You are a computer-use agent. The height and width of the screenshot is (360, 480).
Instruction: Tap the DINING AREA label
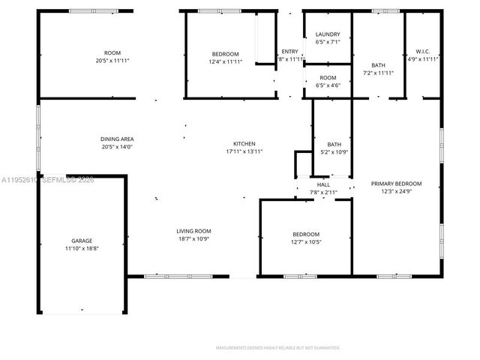[117, 139]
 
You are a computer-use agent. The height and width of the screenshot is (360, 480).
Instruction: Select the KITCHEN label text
[244, 143]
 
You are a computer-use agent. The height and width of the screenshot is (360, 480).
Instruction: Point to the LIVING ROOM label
[193, 231]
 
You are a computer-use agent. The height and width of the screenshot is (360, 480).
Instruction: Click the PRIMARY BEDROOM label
[396, 184]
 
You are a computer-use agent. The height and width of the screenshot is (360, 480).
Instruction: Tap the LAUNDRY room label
[328, 34]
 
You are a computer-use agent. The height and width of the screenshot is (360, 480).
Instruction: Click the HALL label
[323, 184]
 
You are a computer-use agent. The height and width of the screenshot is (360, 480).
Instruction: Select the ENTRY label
[289, 51]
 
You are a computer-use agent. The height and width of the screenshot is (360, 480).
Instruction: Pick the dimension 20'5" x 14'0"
[117, 147]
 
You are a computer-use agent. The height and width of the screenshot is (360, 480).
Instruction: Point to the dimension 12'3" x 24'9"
[396, 191]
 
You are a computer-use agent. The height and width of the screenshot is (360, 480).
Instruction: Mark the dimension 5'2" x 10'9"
[334, 152]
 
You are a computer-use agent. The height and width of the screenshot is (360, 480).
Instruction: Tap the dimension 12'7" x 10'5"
[305, 241]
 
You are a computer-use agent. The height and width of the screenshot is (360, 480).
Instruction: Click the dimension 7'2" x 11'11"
[378, 73]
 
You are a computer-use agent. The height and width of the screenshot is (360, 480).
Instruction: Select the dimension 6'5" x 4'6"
[328, 85]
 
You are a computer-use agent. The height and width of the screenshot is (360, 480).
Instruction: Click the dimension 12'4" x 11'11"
[225, 61]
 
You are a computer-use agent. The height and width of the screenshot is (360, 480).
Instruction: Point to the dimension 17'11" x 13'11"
[244, 151]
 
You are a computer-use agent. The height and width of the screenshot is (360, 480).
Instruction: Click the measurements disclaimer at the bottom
[278, 348]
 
